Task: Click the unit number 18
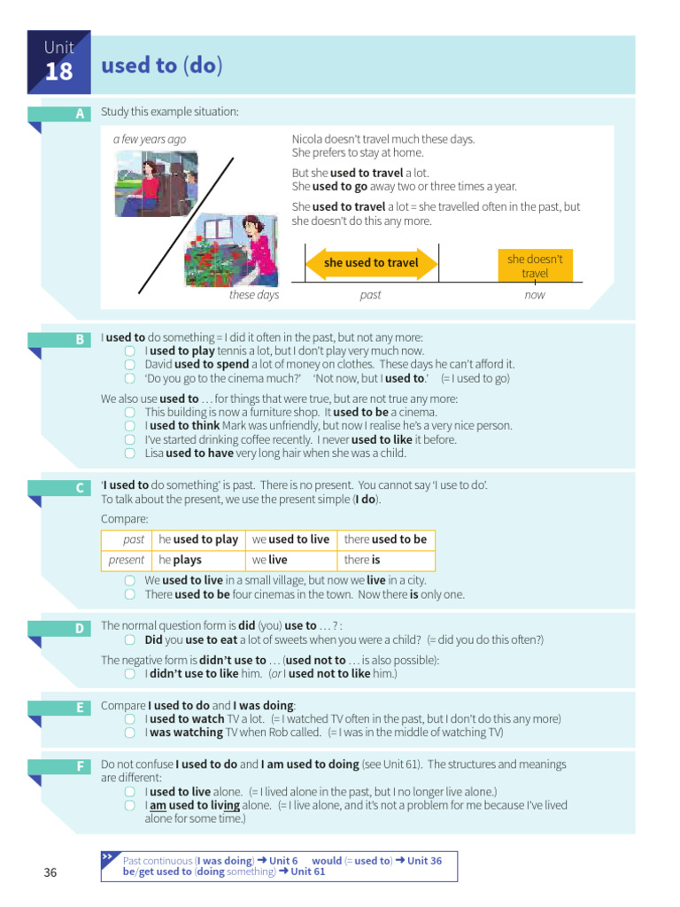[x=58, y=71]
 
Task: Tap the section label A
[x=80, y=114]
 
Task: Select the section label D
[x=80, y=628]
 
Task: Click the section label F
[x=80, y=764]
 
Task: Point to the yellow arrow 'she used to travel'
[x=372, y=263]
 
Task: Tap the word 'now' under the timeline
[x=535, y=296]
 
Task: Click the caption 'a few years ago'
[x=150, y=139]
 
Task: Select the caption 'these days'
[x=254, y=295]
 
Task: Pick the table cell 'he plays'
[x=181, y=560]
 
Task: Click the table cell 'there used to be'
[x=385, y=539]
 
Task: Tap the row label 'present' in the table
[x=127, y=560]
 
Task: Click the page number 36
[x=50, y=873]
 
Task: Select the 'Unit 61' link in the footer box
[x=308, y=872]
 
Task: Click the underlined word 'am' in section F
[x=158, y=805]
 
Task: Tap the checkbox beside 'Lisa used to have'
[x=129, y=453]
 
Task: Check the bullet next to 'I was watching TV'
[x=129, y=733]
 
